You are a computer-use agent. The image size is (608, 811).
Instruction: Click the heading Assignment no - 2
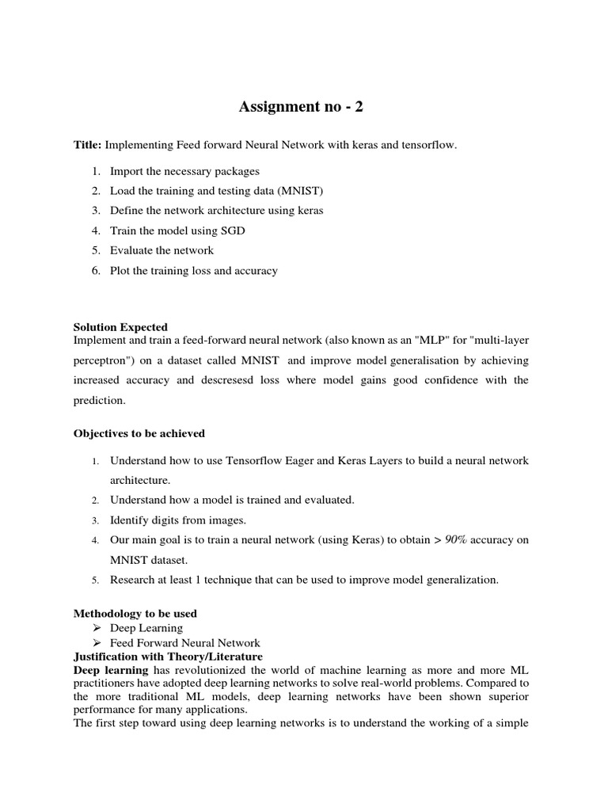[x=302, y=108]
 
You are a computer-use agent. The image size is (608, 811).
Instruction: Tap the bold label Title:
[x=87, y=145]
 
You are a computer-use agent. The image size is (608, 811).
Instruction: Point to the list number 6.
[x=95, y=270]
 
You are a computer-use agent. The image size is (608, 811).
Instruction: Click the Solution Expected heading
[x=120, y=326]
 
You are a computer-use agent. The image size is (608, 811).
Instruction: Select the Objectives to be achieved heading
[x=139, y=433]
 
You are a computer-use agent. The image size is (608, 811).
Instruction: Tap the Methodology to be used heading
[x=135, y=613]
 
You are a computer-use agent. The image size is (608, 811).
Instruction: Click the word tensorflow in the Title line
[x=428, y=145]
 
